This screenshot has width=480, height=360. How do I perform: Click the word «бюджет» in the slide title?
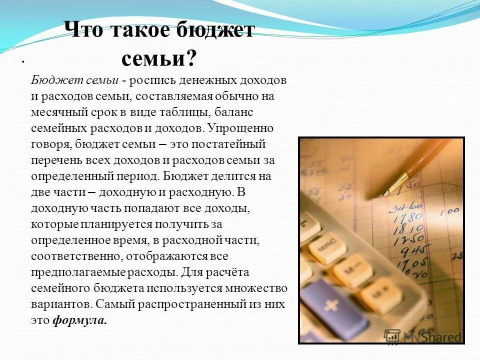coord(214,30)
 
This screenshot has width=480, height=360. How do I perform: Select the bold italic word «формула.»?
coord(80,320)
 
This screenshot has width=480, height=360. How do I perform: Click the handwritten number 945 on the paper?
coord(412,249)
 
